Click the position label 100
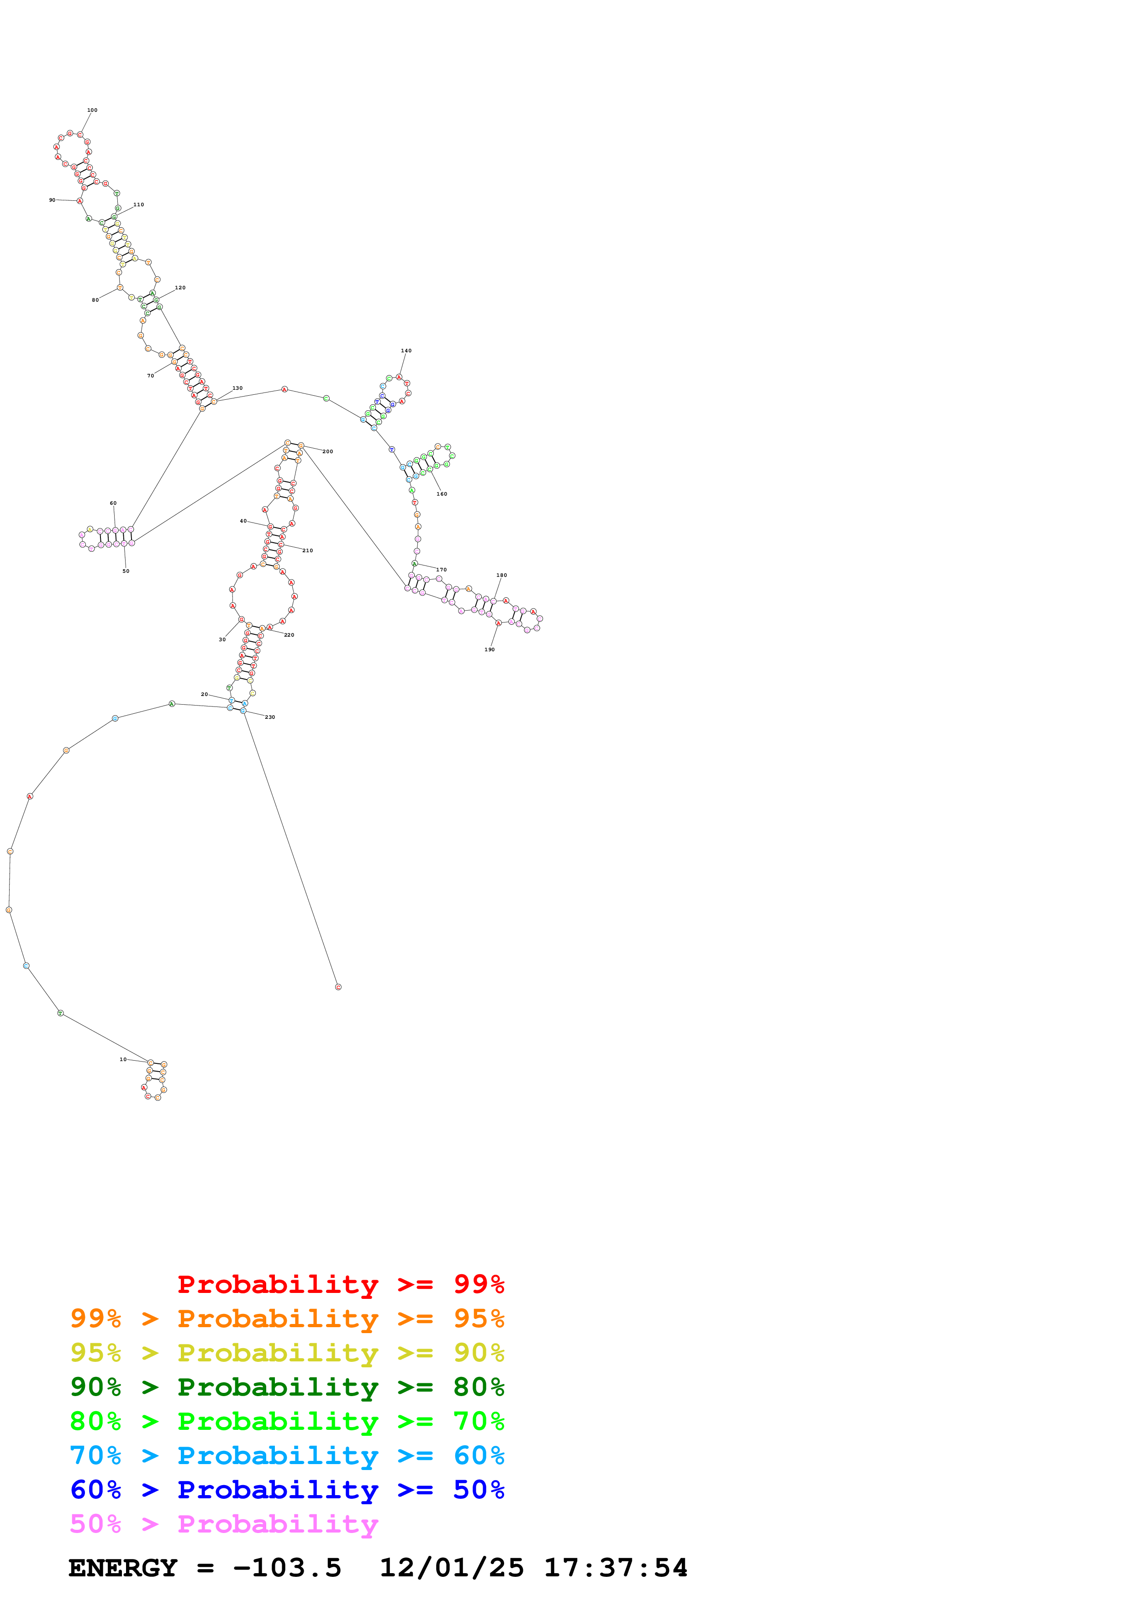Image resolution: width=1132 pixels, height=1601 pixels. (92, 110)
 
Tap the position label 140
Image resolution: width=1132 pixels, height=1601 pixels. (406, 351)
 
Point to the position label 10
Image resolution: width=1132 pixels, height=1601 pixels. (123, 1059)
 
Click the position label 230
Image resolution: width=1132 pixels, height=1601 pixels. (270, 717)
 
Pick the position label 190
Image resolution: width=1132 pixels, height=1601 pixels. (490, 650)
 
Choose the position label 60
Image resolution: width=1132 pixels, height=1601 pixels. (113, 503)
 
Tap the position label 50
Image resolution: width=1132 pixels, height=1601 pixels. (126, 571)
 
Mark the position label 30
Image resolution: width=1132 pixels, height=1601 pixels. (222, 639)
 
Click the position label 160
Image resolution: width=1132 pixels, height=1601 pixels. (442, 494)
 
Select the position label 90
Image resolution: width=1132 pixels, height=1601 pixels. (53, 200)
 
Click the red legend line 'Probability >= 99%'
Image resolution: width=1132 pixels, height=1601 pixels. (340, 1284)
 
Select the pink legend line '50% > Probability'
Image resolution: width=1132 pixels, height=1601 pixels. (223, 1523)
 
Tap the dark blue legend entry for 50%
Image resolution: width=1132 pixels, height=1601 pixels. (287, 1490)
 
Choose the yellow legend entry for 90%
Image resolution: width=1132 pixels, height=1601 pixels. (287, 1353)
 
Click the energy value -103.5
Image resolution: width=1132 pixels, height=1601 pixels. (287, 1568)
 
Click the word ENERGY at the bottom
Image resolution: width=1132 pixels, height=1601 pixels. (123, 1568)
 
